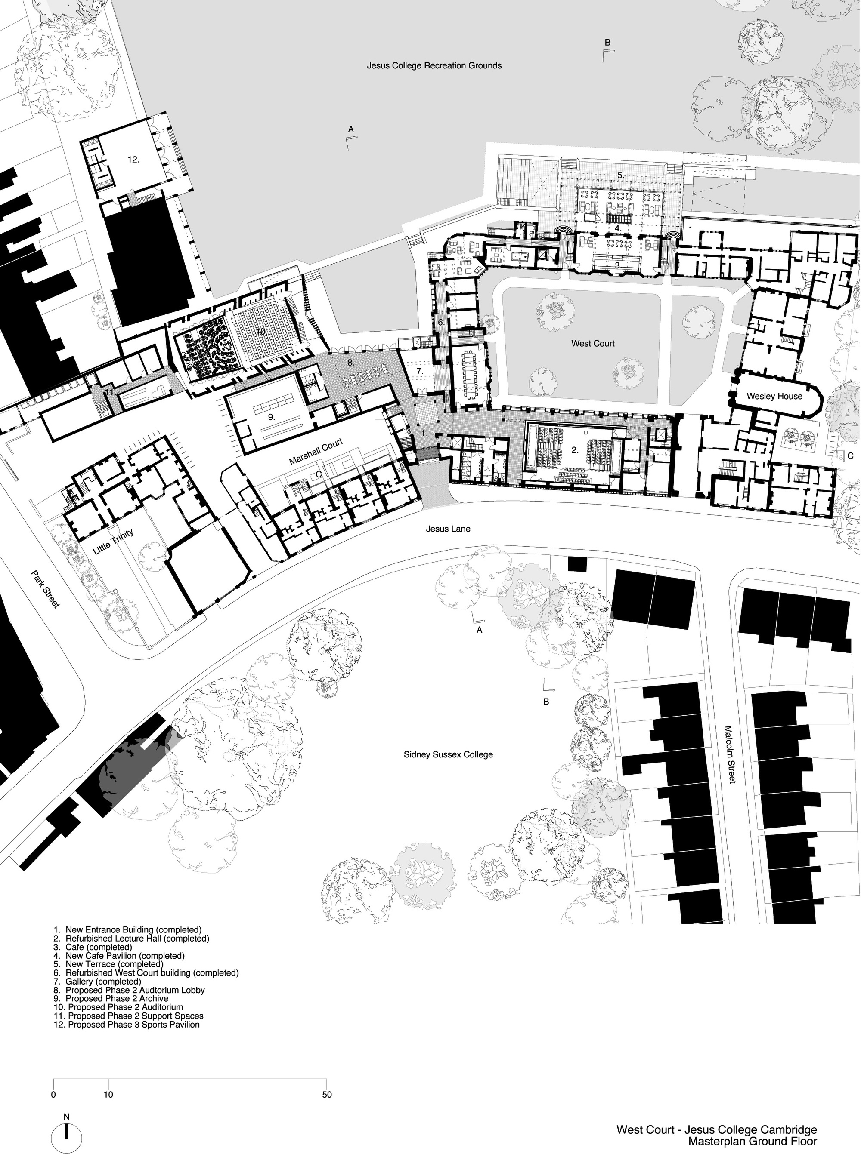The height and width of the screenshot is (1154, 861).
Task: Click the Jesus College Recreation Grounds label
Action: (x=434, y=66)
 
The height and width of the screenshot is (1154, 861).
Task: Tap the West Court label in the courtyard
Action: (x=593, y=343)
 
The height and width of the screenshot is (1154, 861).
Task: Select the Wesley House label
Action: (x=774, y=396)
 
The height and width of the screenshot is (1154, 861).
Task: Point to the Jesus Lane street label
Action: (x=448, y=529)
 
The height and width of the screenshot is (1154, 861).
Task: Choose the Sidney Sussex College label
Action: (x=448, y=754)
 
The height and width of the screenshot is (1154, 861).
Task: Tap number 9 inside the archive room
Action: (x=271, y=417)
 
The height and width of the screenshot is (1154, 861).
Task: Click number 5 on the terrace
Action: (x=620, y=175)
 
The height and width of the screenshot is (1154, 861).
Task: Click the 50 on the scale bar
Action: (x=326, y=1095)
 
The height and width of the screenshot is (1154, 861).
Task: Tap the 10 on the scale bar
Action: (x=108, y=1095)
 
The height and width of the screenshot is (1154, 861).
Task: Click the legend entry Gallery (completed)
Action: (x=103, y=981)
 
